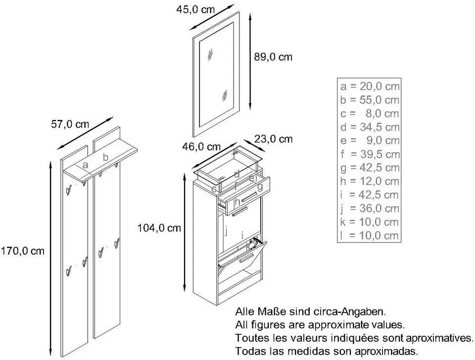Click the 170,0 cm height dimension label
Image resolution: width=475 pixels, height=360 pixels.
(22, 251)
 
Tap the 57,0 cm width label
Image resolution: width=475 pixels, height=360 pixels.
(70, 124)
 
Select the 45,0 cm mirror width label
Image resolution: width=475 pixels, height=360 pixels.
(195, 9)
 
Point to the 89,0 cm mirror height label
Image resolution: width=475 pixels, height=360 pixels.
(273, 57)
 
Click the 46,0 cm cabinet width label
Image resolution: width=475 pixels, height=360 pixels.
(201, 146)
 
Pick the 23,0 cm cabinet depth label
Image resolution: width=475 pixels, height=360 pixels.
(274, 139)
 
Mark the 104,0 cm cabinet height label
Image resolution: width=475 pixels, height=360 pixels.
(159, 227)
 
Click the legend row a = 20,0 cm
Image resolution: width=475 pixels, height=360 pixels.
(370, 87)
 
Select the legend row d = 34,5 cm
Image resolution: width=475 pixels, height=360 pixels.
(370, 127)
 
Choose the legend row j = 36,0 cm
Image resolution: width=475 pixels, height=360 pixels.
(369, 208)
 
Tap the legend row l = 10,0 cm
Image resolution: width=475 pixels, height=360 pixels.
(369, 235)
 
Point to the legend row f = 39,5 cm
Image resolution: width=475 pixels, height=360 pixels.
(370, 154)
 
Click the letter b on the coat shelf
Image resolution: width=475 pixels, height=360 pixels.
(105, 157)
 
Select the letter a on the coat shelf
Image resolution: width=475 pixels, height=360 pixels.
(85, 165)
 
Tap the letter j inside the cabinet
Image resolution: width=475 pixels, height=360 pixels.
(226, 231)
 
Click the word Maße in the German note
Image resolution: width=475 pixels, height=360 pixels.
(271, 311)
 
